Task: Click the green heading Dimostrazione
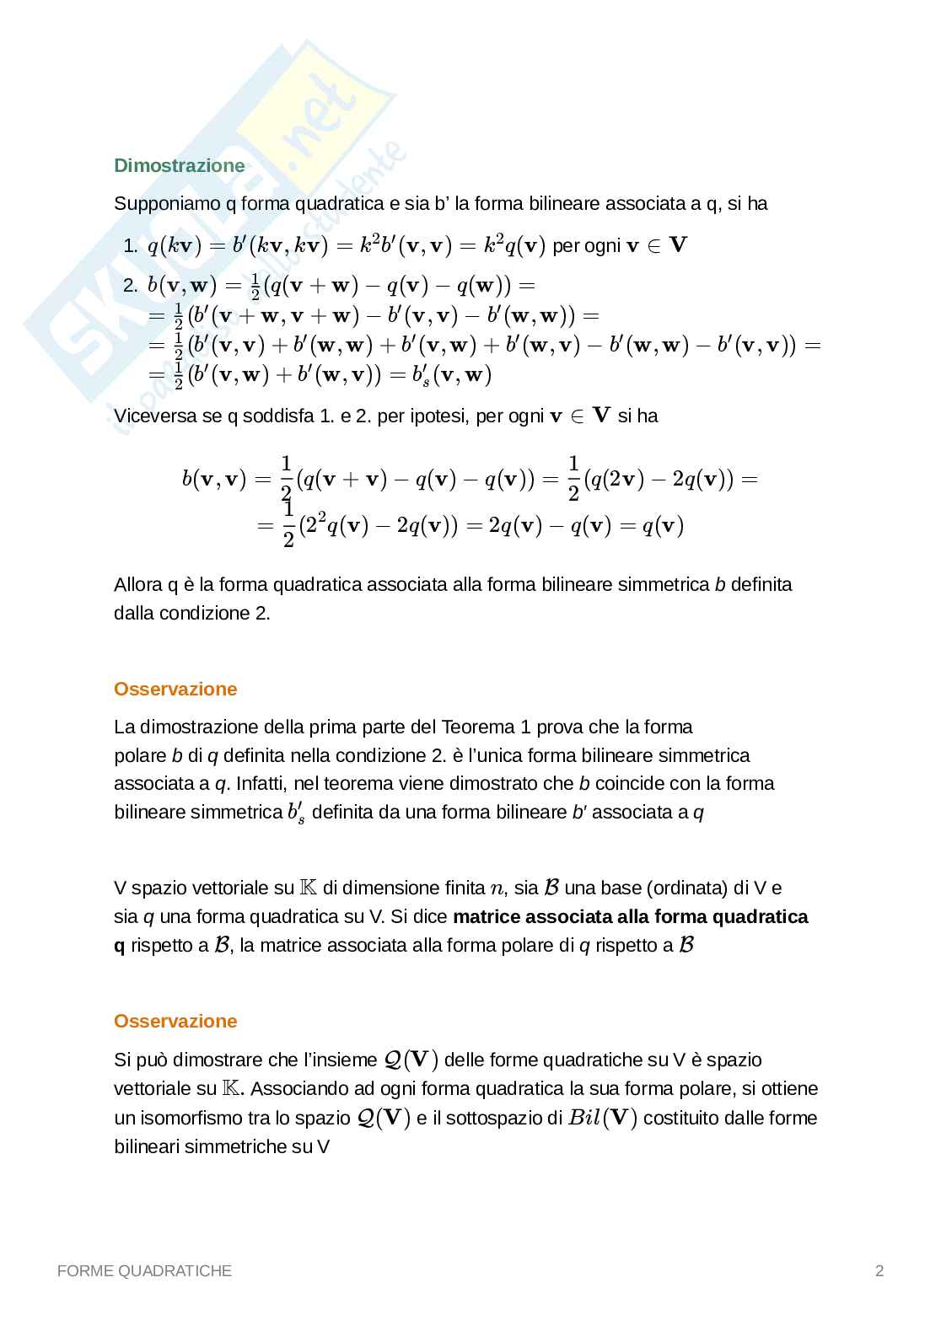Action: coord(179,165)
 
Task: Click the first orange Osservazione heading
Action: coord(175,689)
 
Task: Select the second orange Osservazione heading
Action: coord(175,1021)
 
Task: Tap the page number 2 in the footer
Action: coord(879,1270)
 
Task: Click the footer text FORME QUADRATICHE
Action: coord(144,1270)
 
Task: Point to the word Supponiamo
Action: coord(165,204)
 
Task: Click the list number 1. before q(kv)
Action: coord(130,246)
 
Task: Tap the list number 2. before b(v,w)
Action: coord(130,286)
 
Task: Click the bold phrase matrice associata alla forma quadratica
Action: coord(630,916)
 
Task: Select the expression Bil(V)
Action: coord(602,1118)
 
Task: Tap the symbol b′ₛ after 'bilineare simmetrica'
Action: coord(295,813)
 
